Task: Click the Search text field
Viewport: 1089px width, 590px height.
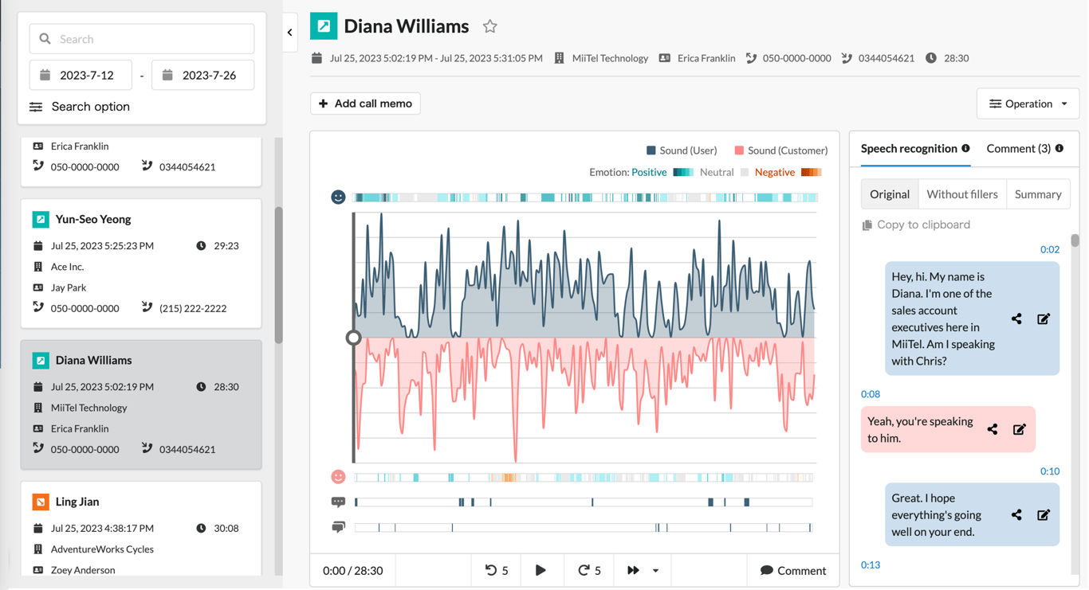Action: click(x=151, y=39)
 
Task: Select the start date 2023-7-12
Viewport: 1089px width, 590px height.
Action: click(x=86, y=76)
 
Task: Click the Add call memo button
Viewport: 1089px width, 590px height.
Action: click(x=365, y=104)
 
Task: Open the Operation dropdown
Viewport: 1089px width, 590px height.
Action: click(x=1028, y=104)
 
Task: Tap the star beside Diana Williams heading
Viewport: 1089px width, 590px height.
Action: click(x=489, y=27)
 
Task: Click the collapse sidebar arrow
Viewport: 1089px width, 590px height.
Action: click(x=290, y=33)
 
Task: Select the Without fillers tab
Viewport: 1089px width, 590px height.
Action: click(x=961, y=194)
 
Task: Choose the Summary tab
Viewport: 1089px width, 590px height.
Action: click(x=1037, y=194)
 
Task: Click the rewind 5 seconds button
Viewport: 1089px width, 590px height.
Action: click(x=497, y=570)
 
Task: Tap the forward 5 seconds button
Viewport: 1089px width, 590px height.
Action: click(x=589, y=570)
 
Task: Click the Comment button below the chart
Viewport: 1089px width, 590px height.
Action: click(x=792, y=570)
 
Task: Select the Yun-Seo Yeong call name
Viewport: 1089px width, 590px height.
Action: click(x=93, y=219)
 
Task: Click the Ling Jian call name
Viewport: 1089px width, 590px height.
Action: click(x=77, y=502)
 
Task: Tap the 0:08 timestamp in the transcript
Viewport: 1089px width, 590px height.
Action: click(x=871, y=394)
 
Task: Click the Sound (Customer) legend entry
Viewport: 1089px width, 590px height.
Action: click(x=780, y=150)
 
